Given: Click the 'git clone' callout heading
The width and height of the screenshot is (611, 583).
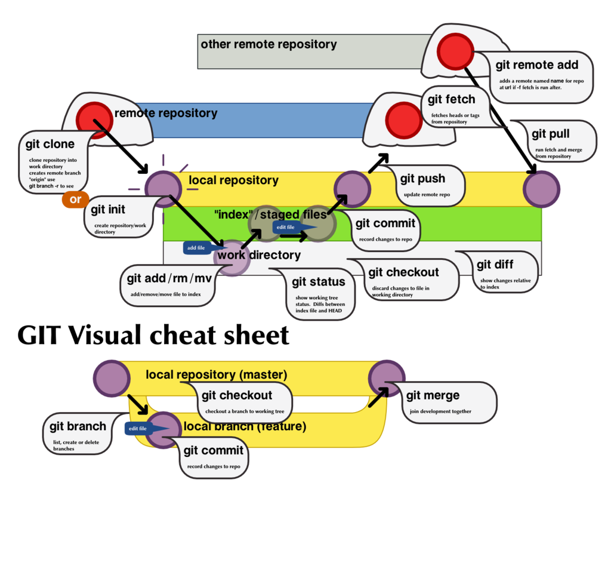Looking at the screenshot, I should coord(50,144).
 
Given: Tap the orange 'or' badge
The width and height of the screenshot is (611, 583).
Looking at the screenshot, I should coord(75,200).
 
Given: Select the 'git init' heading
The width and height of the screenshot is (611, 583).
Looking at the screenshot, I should coord(108,210).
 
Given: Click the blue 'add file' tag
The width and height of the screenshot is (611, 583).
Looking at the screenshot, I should coord(197,248).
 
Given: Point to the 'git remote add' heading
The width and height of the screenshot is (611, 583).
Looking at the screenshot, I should coord(536,65).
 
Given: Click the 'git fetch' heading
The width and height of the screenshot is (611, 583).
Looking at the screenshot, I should coord(452,99).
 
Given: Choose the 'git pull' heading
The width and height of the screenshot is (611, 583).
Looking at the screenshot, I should coord(550,134).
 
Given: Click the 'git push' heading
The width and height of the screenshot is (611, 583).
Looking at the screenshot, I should coord(422,178).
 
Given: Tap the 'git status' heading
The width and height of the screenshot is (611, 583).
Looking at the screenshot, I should coord(318,281).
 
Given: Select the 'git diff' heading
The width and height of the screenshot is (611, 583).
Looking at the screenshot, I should coord(495,264).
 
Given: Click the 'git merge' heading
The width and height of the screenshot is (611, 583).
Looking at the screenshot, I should coord(433,395).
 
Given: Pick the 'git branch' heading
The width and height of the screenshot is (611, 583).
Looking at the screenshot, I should coord(78,426).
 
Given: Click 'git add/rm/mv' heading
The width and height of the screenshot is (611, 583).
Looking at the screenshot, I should coord(169,278).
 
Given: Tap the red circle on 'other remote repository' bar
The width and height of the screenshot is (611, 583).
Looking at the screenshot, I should coord(455,51).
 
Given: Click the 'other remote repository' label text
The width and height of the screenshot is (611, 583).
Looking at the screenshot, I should coord(269,44).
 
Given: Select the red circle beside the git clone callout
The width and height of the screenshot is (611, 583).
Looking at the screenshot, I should coord(94,119).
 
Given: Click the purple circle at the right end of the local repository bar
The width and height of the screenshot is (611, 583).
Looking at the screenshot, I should coord(541,189).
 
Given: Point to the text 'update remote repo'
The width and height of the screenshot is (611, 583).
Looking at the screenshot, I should coord(427,195).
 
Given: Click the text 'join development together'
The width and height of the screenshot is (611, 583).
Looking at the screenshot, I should coord(440,412).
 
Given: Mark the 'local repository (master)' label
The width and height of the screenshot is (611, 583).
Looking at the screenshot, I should coord(217,375).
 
